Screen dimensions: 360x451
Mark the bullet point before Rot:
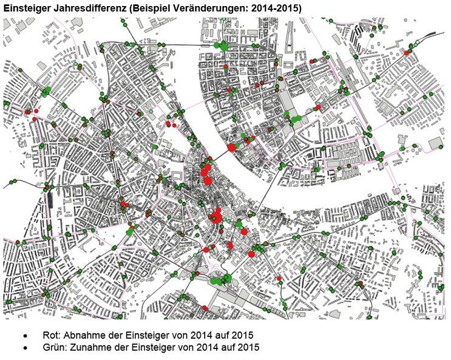(25, 336)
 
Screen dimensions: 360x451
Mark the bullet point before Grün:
(25, 348)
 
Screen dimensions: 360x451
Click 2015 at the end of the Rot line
(241, 335)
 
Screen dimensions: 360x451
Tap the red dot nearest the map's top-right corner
(406, 53)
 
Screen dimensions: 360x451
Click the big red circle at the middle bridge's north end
(231, 147)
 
